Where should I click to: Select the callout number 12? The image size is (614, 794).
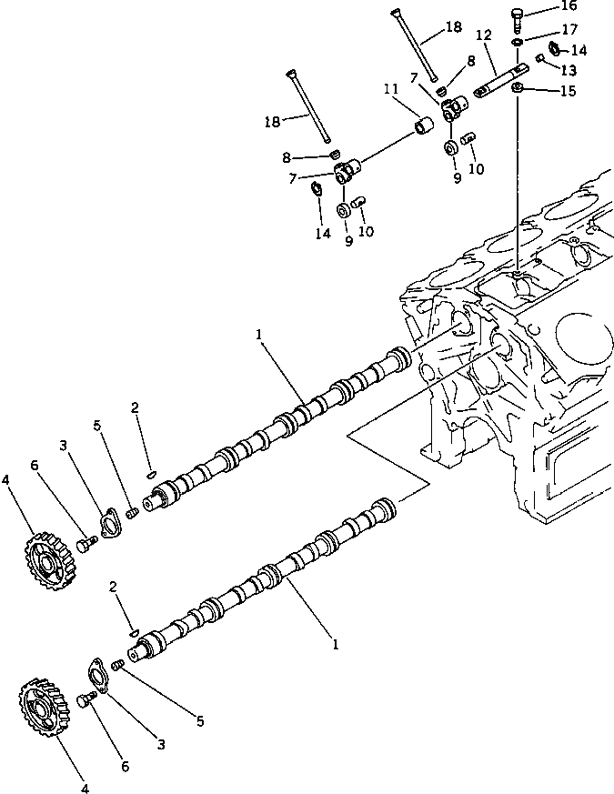pos(483,35)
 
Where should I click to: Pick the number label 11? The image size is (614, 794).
pos(391,89)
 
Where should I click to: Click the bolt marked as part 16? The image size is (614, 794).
pos(518,14)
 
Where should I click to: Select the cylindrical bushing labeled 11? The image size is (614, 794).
pos(423,124)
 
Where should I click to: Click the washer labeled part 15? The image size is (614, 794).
pos(517,87)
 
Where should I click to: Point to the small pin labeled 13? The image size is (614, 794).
pos(540,58)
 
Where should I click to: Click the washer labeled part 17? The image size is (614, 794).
pos(517,42)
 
